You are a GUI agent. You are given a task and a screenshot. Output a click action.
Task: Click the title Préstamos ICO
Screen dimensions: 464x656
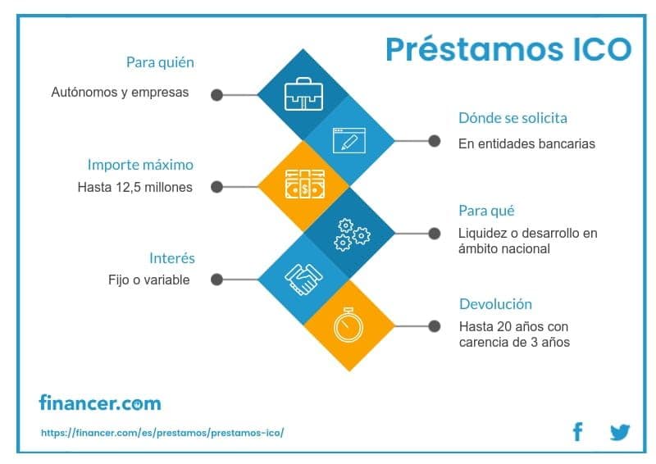[508, 48]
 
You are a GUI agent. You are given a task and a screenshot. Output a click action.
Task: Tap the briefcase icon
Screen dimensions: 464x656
[304, 95]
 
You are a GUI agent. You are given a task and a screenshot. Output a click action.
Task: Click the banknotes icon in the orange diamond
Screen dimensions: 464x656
[304, 187]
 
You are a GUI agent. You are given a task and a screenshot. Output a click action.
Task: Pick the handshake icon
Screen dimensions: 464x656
[304, 279]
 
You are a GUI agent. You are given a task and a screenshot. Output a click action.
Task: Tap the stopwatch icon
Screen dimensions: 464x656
[348, 325]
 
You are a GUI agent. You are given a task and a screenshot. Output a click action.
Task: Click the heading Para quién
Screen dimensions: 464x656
[160, 62]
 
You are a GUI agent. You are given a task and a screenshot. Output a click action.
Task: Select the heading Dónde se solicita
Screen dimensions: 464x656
[512, 118]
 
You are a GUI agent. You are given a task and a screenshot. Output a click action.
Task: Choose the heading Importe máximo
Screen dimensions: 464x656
[140, 165]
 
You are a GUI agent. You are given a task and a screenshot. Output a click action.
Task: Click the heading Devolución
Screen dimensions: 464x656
[495, 303]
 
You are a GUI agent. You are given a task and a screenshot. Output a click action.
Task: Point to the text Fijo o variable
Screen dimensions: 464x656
[148, 280]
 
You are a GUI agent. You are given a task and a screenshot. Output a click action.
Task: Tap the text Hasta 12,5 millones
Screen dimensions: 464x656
[135, 187]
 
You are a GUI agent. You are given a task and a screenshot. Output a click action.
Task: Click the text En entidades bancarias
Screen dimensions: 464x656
[526, 143]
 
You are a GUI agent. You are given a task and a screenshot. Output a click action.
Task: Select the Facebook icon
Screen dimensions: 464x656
[577, 432]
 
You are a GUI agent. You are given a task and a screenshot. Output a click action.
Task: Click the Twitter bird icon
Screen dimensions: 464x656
[619, 432]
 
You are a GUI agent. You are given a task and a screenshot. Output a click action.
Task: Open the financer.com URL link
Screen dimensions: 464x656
[162, 432]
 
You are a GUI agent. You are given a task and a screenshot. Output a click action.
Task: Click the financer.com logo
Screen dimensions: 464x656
[100, 403]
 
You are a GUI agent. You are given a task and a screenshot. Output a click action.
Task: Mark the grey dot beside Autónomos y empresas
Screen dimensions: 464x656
[216, 94]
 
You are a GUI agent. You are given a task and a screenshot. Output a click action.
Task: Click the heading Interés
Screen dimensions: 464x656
[172, 258]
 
